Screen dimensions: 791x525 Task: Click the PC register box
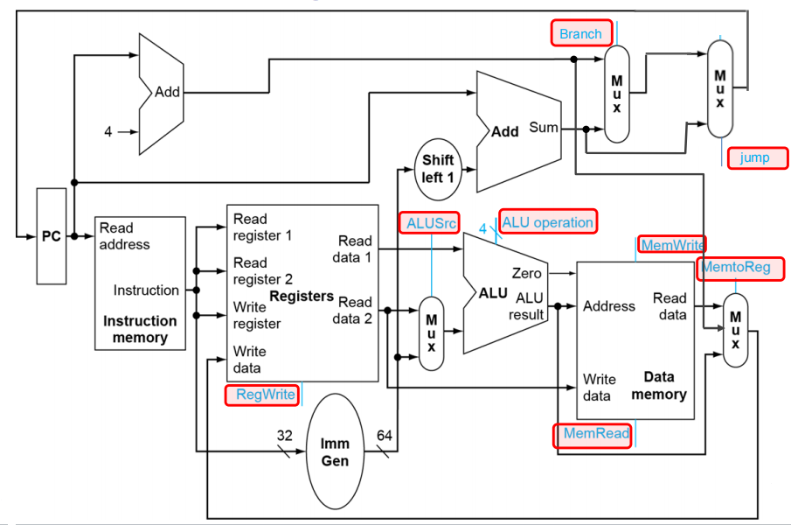[x=52, y=236]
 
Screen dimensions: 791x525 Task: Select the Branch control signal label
[x=581, y=33]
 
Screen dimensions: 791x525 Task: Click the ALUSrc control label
[x=430, y=222]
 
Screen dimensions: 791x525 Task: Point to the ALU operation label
[x=548, y=221]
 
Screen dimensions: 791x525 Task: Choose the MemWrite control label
[x=672, y=245]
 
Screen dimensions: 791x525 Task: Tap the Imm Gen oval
[x=335, y=451]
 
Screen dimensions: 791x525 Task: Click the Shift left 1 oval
[x=438, y=169]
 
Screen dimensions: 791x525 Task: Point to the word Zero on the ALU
[x=527, y=273]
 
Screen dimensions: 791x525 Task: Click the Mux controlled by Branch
[x=616, y=94]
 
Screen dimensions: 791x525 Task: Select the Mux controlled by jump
[x=720, y=89]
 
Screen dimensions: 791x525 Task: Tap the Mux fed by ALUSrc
[x=431, y=333]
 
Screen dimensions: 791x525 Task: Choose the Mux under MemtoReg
[x=736, y=330]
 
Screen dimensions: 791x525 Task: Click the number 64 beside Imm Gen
[x=385, y=435]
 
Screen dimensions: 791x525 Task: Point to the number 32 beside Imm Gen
[x=285, y=435]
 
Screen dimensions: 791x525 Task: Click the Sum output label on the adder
[x=544, y=127]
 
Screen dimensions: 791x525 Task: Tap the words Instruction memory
[x=140, y=329]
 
